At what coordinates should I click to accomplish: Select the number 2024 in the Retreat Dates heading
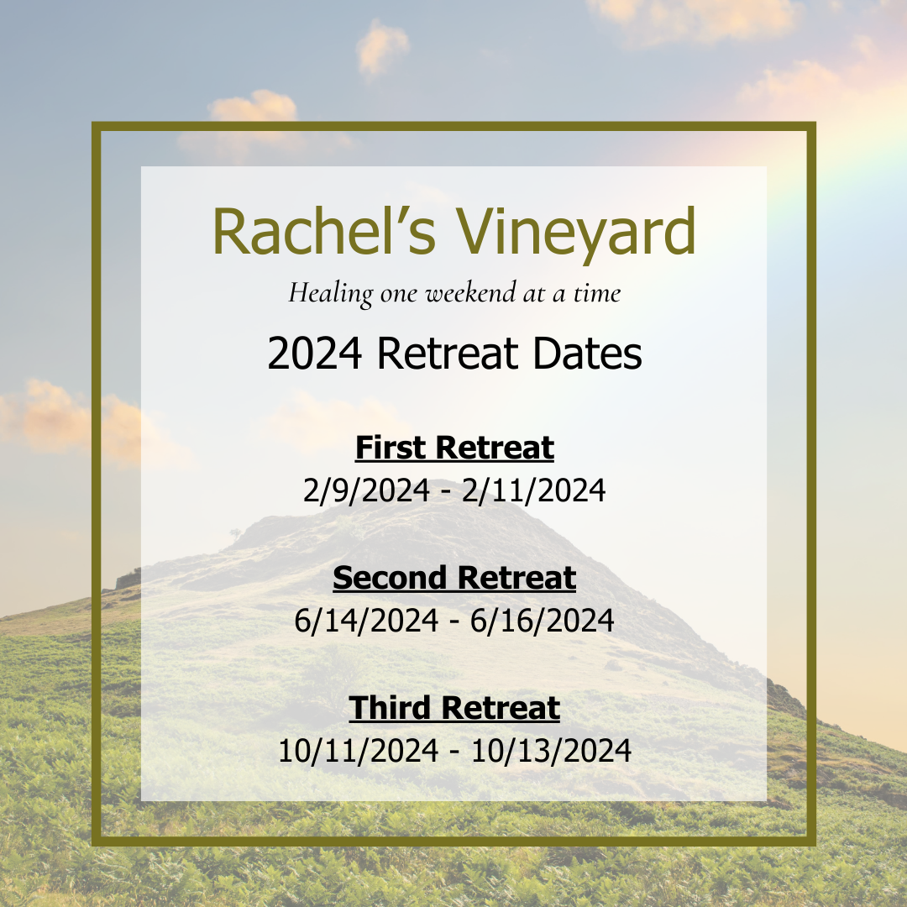pos(315,354)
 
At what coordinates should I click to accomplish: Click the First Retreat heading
pos(454,448)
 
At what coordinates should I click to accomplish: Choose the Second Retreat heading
pos(454,578)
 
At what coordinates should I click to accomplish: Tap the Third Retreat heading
pos(454,708)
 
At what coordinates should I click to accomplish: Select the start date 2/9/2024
pos(366,490)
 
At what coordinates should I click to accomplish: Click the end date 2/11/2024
pos(534,490)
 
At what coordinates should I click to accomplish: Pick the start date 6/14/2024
pos(366,621)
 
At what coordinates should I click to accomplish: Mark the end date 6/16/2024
pos(543,621)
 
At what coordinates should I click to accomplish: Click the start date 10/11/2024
pos(359,751)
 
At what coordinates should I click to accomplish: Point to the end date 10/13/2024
pos(551,751)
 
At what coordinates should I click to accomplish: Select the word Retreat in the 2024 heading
pos(448,354)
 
